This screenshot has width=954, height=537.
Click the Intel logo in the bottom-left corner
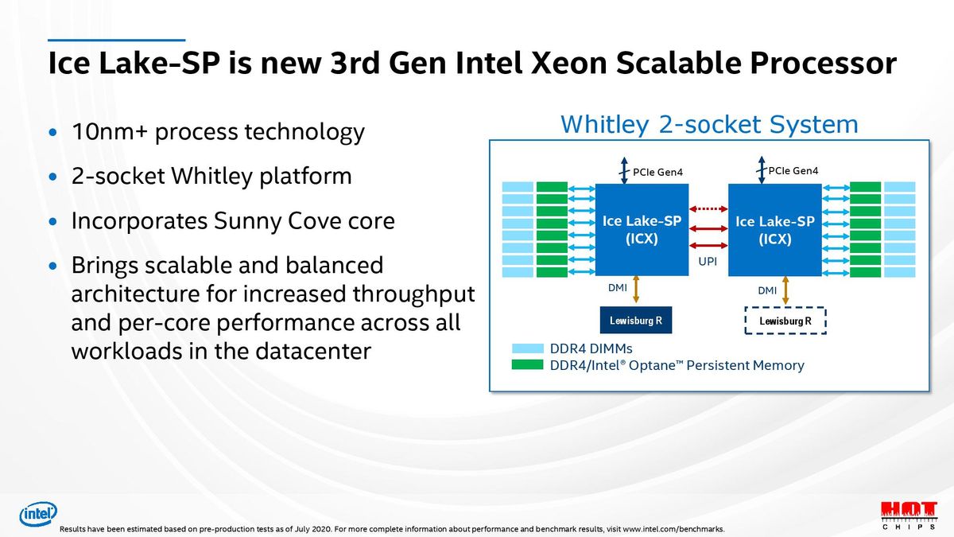[x=37, y=515]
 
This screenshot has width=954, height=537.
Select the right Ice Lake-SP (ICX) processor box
[x=774, y=230]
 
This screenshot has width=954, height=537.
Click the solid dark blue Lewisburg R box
[x=635, y=321]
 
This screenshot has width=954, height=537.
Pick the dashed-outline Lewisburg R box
[x=785, y=321]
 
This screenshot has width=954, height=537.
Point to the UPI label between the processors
[x=708, y=261]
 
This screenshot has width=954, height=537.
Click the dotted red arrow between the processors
[x=708, y=209]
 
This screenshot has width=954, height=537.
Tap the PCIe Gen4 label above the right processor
[x=793, y=171]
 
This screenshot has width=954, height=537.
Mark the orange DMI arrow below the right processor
[x=785, y=290]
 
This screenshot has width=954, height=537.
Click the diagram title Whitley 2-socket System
[x=709, y=125]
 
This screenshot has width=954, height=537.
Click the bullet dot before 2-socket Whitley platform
[x=53, y=177]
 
